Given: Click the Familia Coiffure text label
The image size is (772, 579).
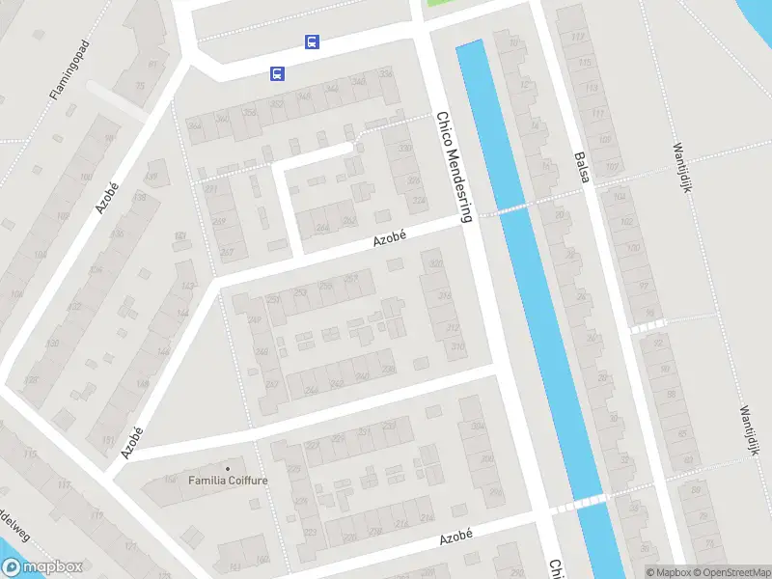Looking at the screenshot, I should (228, 480).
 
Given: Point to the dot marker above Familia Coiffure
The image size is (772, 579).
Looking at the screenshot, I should (228, 468).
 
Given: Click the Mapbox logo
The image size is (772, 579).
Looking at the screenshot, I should (41, 567).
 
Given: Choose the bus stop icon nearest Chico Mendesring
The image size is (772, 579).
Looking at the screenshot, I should (312, 41).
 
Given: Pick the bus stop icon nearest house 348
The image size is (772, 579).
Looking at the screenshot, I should (277, 73).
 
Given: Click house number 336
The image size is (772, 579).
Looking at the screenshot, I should (386, 72).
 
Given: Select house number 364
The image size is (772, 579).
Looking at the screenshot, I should (194, 125).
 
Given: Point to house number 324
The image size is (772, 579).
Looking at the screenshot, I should (418, 201).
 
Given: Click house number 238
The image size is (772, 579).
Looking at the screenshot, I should (388, 369).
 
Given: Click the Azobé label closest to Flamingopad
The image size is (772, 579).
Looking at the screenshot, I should (107, 199).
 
